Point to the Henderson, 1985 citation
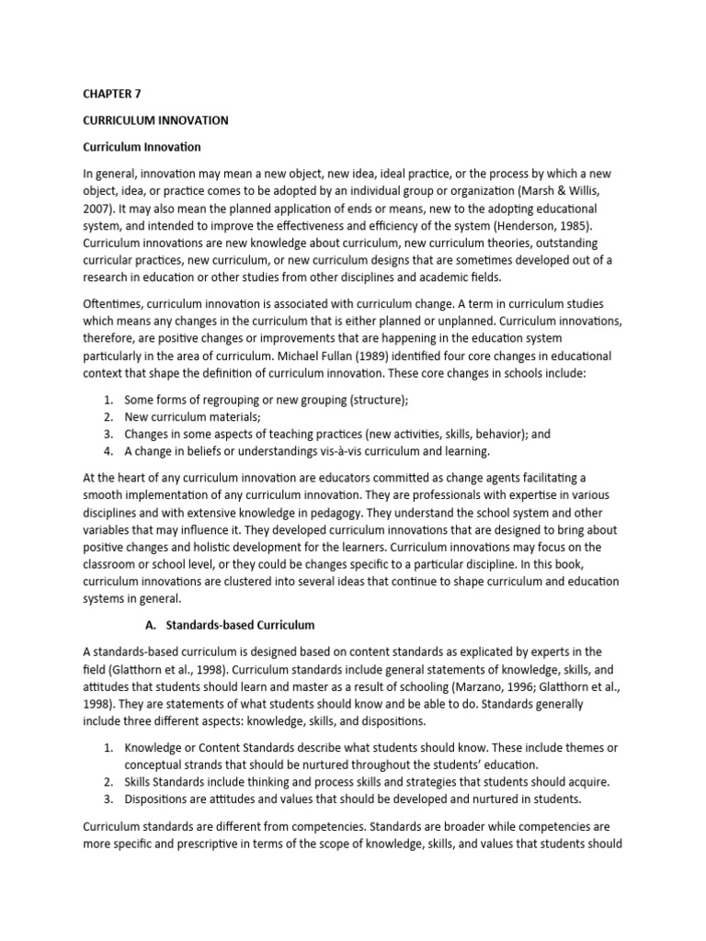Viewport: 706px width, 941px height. [573, 226]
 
